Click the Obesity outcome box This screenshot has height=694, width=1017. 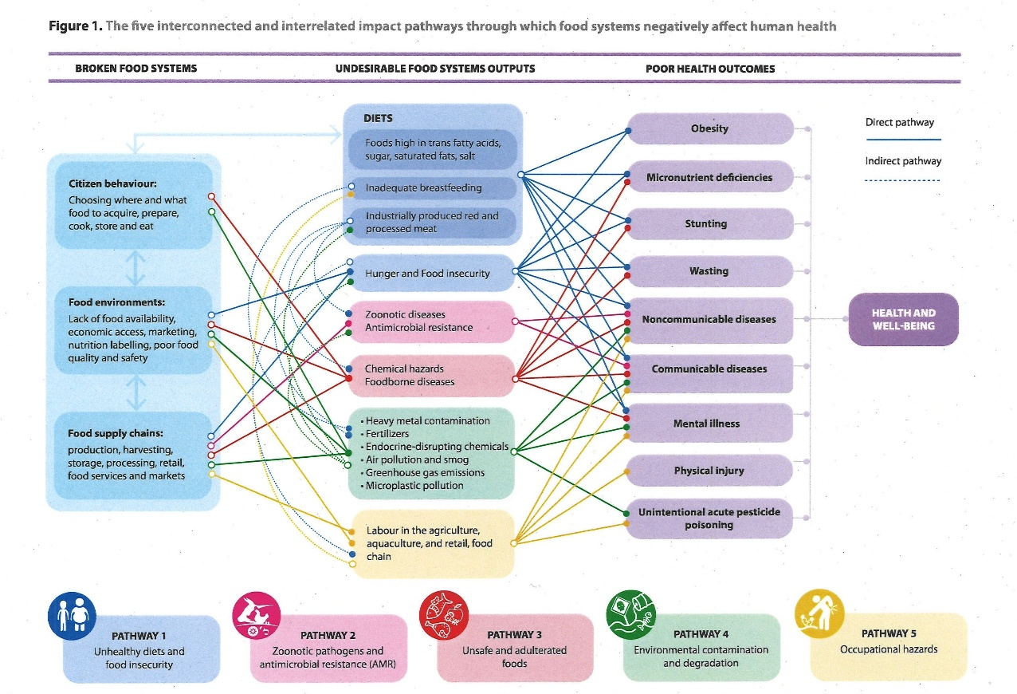(x=709, y=128)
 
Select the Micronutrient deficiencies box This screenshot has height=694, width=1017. (x=709, y=177)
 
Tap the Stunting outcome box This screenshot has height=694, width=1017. (x=709, y=224)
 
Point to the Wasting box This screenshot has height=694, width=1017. (x=709, y=271)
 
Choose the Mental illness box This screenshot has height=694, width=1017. (x=709, y=424)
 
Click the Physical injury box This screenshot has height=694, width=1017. (x=709, y=471)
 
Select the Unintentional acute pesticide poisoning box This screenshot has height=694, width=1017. (x=709, y=519)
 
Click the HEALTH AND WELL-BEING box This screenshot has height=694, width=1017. (x=903, y=319)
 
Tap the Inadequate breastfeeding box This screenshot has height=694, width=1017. (x=430, y=188)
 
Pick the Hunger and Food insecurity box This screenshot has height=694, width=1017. (x=430, y=274)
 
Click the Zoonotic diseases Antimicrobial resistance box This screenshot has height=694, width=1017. (x=430, y=321)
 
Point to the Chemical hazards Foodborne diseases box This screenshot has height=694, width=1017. (x=430, y=376)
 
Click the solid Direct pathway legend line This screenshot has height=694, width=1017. (x=902, y=140)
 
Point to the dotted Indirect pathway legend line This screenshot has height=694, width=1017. (x=902, y=180)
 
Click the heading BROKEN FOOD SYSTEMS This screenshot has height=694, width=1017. (x=135, y=69)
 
